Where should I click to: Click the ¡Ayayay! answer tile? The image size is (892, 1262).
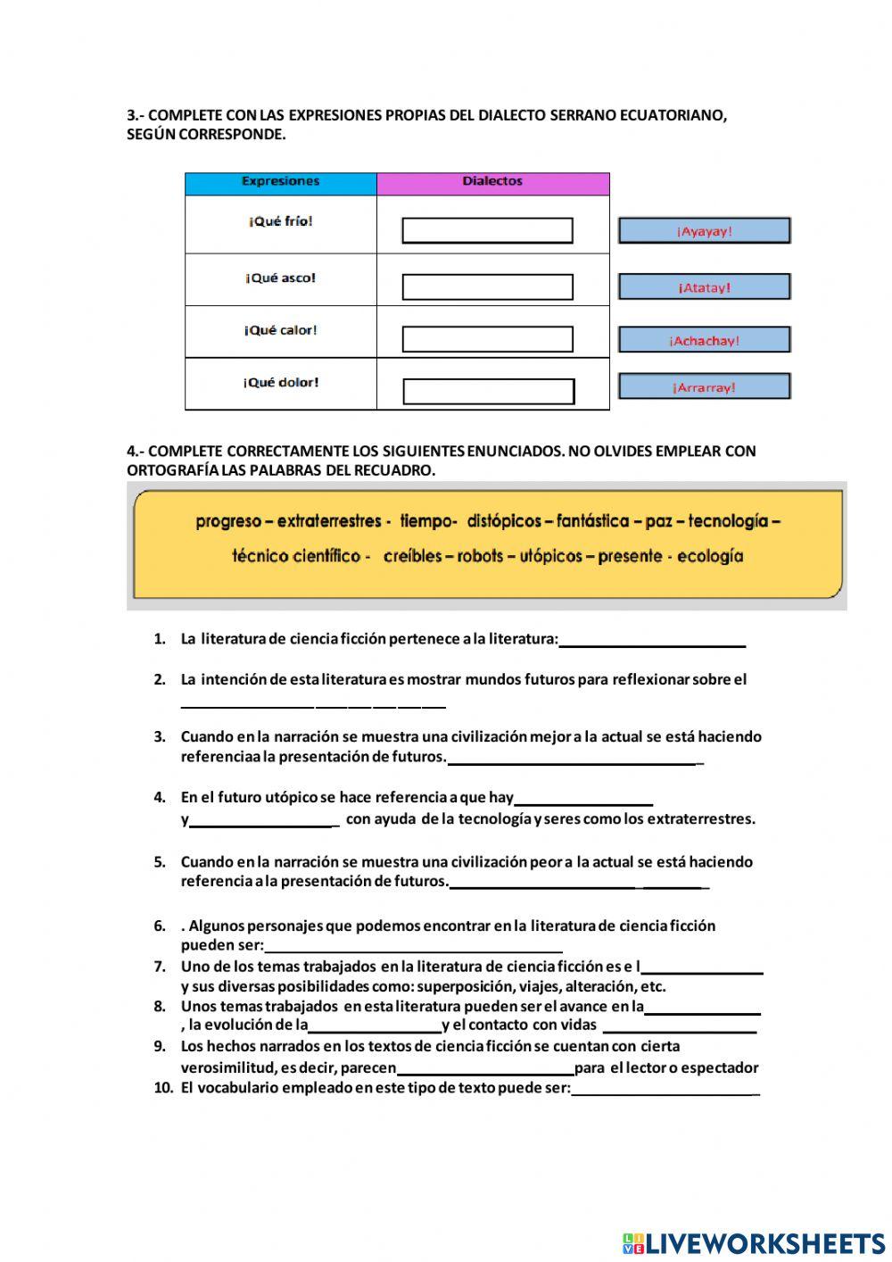[704, 231]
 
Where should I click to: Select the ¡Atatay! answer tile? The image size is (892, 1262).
[704, 287]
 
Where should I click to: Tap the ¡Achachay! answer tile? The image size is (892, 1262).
[704, 340]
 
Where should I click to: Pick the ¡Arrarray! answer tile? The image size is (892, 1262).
[704, 386]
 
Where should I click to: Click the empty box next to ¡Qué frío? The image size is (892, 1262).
[487, 231]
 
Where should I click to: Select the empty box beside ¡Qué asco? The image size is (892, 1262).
[487, 287]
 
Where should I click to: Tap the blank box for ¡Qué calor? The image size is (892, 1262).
[487, 340]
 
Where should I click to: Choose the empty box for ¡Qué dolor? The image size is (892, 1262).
[488, 392]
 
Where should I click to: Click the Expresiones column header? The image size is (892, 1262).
[280, 182]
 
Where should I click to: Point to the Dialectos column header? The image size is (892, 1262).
[492, 182]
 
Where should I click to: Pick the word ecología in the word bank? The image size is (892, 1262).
[710, 556]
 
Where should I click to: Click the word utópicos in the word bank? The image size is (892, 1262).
[550, 556]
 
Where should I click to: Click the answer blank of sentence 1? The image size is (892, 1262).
[652, 640]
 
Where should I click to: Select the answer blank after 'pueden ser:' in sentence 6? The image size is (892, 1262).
[413, 946]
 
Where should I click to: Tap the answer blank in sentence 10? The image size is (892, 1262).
[665, 1089]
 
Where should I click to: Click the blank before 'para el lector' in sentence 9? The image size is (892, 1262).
[485, 1068]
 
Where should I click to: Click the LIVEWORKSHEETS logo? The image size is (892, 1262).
[754, 1243]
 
